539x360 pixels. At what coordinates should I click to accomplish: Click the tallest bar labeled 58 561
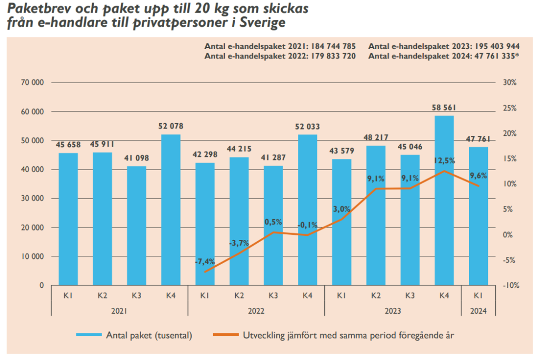tap(444, 200)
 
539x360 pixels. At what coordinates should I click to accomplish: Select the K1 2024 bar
tap(478, 216)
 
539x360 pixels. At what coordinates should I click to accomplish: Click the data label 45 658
tap(68, 144)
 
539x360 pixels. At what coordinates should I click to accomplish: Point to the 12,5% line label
tap(444, 161)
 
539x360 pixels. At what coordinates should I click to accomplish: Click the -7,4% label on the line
tap(205, 262)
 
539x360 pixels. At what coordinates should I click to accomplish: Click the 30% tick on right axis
tap(510, 83)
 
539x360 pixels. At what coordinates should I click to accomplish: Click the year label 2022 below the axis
tap(256, 311)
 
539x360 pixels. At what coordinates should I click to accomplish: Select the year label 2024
tap(478, 311)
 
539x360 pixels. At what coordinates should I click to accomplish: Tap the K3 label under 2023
tap(410, 296)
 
